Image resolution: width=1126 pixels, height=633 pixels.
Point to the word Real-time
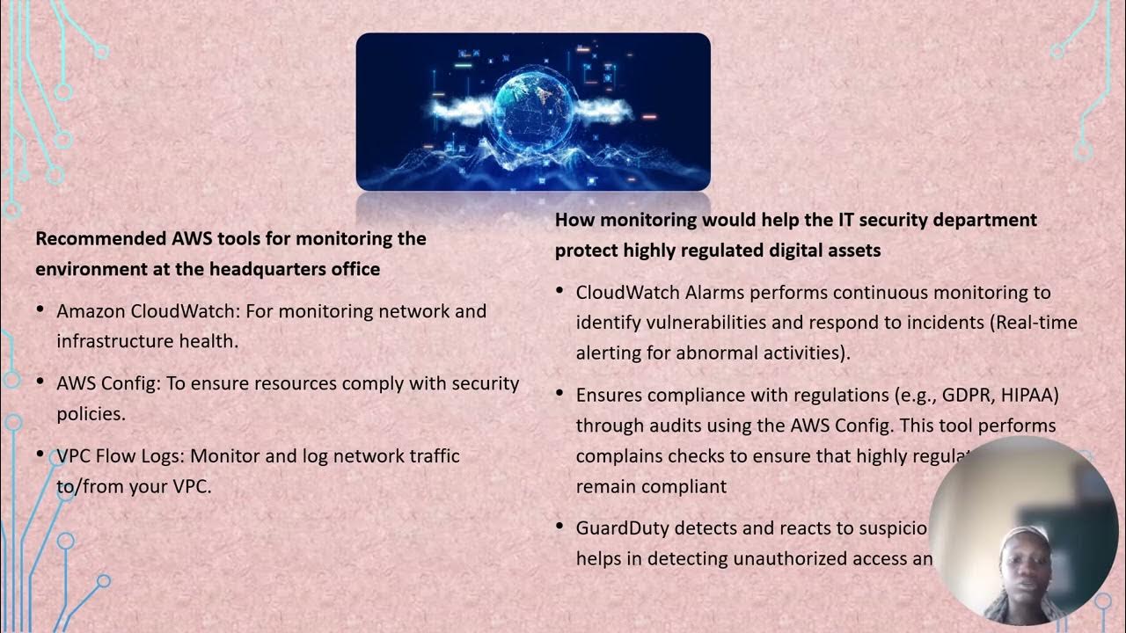pyautogui.click(x=1038, y=323)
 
